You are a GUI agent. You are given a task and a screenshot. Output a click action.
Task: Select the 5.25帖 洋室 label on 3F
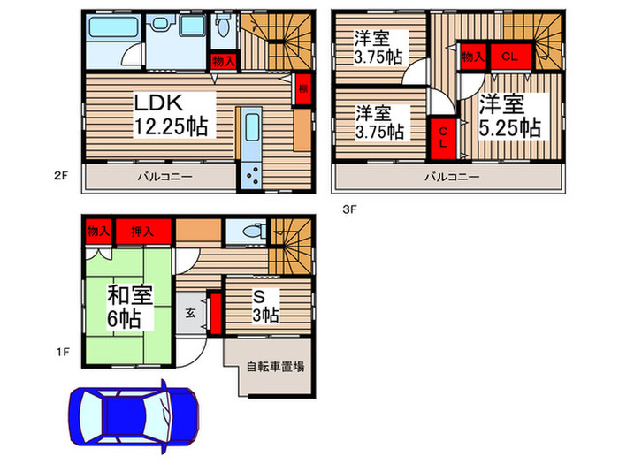click(510, 116)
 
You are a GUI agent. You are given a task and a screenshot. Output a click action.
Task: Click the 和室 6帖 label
click(127, 306)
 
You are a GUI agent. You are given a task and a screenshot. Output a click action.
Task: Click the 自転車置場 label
click(275, 366)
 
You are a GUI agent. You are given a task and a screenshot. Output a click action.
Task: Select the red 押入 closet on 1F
click(142, 232)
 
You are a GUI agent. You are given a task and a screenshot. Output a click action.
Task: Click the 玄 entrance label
click(191, 313)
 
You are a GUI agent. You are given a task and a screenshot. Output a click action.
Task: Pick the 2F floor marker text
click(60, 176)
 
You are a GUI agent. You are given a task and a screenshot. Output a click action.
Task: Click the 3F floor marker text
click(349, 209)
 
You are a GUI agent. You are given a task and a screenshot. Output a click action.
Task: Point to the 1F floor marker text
click(60, 352)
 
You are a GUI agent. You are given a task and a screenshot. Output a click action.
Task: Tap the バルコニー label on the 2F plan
click(164, 177)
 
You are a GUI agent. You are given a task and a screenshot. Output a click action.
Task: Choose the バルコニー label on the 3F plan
click(451, 177)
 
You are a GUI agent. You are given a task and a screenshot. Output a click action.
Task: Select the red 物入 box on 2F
click(224, 61)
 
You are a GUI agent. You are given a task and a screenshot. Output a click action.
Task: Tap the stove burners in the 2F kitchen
click(251, 175)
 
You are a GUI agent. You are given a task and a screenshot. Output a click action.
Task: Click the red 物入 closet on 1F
click(97, 232)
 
